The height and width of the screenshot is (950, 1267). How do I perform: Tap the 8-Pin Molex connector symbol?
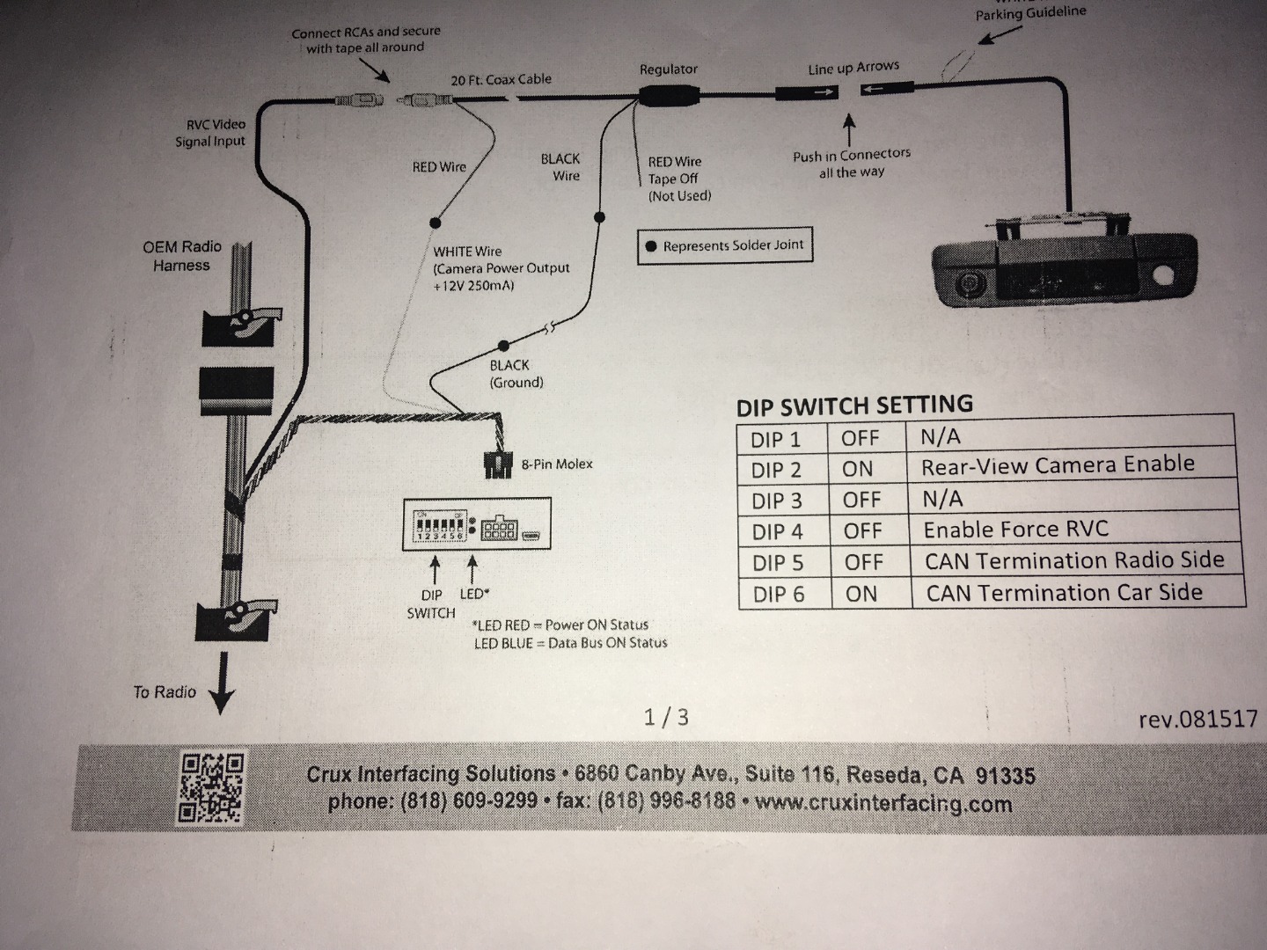(498, 464)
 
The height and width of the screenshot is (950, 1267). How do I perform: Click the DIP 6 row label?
(779, 594)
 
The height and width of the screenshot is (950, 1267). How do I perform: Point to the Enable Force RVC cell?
(1016, 530)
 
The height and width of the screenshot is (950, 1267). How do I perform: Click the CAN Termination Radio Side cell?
(1074, 560)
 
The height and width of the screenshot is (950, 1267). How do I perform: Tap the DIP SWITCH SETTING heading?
(854, 406)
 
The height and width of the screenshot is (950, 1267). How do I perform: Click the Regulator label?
(669, 69)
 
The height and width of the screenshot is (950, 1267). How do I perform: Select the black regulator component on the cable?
(669, 95)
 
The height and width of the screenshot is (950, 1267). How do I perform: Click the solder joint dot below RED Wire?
(436, 223)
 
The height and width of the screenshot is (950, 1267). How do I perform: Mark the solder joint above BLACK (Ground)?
(503, 346)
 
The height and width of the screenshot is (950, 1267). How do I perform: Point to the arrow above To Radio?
(223, 683)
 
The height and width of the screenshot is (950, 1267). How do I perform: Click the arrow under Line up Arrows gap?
(848, 130)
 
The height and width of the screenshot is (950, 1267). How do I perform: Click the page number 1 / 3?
(666, 717)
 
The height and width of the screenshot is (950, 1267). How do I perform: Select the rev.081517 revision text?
(1197, 720)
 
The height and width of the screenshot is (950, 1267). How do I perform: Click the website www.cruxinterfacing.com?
(883, 803)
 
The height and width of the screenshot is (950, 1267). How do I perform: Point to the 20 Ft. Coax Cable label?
(501, 79)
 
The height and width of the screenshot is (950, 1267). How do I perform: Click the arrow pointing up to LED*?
(472, 569)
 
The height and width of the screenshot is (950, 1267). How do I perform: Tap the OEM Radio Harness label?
(182, 256)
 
